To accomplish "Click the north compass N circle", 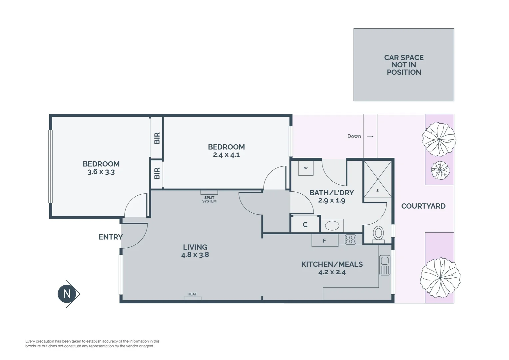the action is click(x=67, y=294).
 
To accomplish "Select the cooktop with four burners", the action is click(x=350, y=239).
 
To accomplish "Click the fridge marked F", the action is click(x=325, y=240).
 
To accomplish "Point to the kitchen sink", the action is click(x=384, y=265).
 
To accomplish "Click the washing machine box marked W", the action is click(x=306, y=168).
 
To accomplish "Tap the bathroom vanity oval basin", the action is click(x=332, y=226).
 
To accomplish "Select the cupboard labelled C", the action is click(x=305, y=224).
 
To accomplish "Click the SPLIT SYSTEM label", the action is click(x=209, y=199).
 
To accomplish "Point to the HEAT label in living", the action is click(x=192, y=294).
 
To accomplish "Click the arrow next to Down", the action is click(x=370, y=137).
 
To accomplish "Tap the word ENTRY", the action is click(x=111, y=237).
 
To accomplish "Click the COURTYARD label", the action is click(x=423, y=206).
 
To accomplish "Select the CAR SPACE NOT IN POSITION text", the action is click(x=404, y=65).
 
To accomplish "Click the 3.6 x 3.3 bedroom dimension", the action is click(x=101, y=172).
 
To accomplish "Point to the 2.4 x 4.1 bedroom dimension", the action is click(x=226, y=155).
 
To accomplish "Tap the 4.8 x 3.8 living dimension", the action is click(x=195, y=254).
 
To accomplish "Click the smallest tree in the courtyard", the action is click(x=440, y=170).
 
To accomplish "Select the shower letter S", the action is click(x=377, y=191).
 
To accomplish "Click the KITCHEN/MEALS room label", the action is click(x=332, y=264).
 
